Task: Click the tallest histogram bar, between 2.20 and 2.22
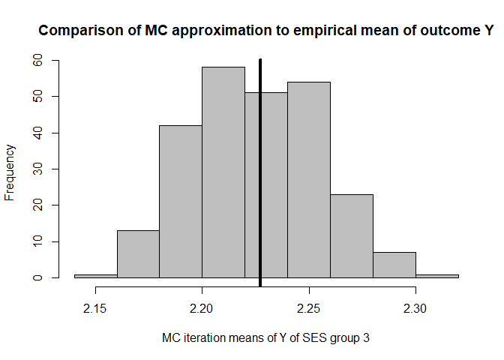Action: coord(223,172)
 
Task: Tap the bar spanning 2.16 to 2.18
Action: coord(138,254)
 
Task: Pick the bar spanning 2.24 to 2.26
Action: coord(308,179)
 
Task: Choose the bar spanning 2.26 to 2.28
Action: coord(351,236)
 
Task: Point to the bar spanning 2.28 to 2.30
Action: coord(394,265)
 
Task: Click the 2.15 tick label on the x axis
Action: coord(95,308)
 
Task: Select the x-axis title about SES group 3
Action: coord(265,338)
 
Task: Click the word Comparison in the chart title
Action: coord(75,31)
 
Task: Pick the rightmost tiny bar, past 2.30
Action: coord(436,275)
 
